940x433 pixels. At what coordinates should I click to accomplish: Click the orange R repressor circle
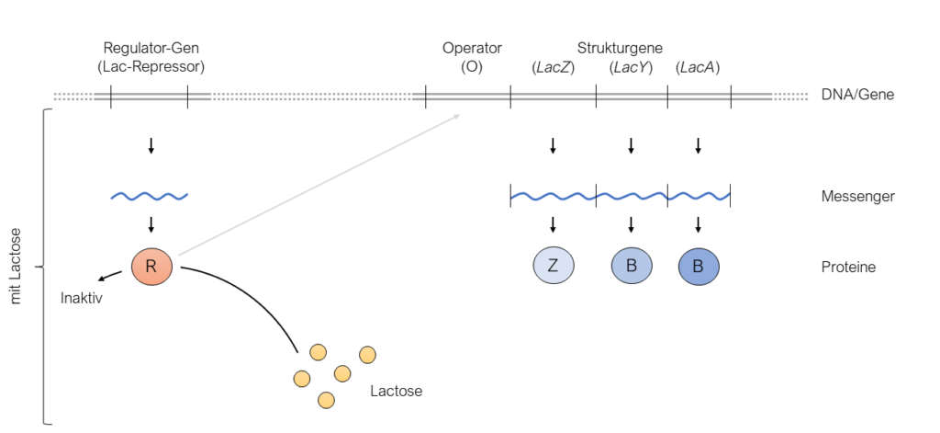point(151,268)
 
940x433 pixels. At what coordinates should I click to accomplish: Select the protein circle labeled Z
point(554,266)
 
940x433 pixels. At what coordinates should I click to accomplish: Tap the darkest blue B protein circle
point(699,267)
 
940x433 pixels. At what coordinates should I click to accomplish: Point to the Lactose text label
point(396,391)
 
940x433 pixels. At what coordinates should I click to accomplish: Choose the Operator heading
point(472,48)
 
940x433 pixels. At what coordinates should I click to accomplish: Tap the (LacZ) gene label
point(553,66)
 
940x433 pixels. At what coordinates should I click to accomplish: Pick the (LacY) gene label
point(631,66)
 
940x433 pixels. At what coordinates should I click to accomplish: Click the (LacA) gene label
point(698,66)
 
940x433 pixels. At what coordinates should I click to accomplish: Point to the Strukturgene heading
point(620,48)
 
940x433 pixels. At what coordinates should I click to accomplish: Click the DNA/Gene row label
point(857,95)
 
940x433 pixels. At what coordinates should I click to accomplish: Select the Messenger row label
point(857,196)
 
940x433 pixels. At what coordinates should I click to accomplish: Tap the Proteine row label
point(848,268)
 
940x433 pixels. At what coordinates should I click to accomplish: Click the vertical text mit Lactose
point(16,267)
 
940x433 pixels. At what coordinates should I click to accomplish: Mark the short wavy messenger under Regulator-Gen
point(150,196)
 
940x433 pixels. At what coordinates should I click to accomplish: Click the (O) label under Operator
point(472,66)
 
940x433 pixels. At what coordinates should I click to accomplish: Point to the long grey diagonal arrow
point(321,184)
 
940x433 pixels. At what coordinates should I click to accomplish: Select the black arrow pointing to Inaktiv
point(110,277)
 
